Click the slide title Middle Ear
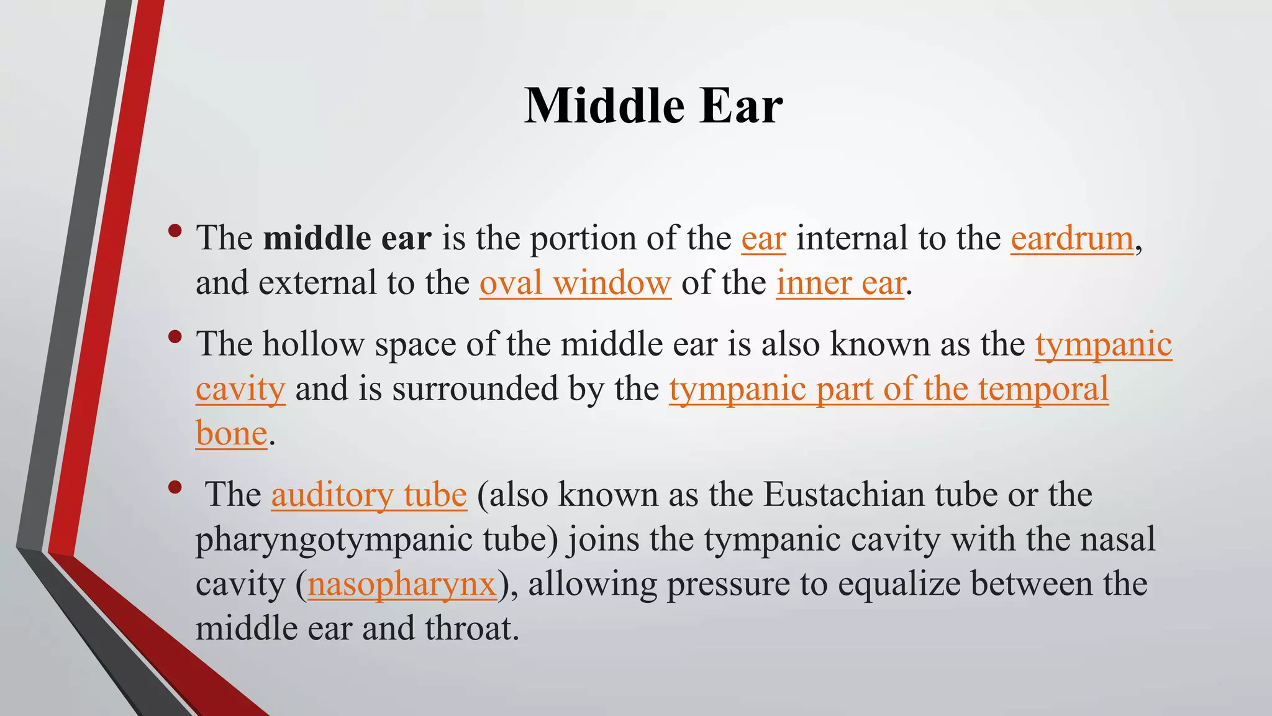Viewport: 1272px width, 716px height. [653, 106]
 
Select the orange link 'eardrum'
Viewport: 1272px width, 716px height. [1072, 239]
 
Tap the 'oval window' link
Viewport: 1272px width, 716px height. [575, 283]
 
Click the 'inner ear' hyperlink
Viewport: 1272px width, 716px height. [840, 283]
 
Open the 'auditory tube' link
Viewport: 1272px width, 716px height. [369, 495]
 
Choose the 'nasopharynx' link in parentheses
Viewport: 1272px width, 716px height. [402, 585]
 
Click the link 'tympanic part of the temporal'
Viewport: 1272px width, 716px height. [889, 390]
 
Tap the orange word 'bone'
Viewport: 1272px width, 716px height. [231, 434]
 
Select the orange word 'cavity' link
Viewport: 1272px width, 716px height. [240, 390]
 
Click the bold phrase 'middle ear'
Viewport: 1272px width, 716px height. [347, 239]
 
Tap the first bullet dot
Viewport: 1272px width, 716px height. [175, 231]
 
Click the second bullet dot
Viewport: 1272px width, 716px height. [175, 337]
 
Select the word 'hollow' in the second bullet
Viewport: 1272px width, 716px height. [313, 344]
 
